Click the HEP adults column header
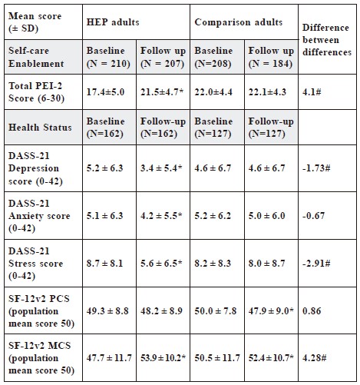pos(113,22)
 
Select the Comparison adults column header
pos(239,22)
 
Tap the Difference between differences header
pos(327,40)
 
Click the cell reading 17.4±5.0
pos(105,91)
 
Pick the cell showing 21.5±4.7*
pos(162,91)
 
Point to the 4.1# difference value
pos(312,91)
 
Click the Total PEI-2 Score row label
pos(36,91)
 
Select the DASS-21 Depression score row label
pos(35,168)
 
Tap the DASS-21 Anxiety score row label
pos(39,216)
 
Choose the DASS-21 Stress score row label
pos(35,264)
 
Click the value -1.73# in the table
pos(316,168)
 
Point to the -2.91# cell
pos(316,264)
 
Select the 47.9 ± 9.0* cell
pos(271,310)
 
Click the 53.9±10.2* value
pos(163,357)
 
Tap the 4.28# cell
pos(314,357)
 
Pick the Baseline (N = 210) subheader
pos(108,57)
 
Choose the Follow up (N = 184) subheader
pos(271,57)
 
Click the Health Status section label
pos(40,128)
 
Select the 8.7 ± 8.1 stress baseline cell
pos(104,264)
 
